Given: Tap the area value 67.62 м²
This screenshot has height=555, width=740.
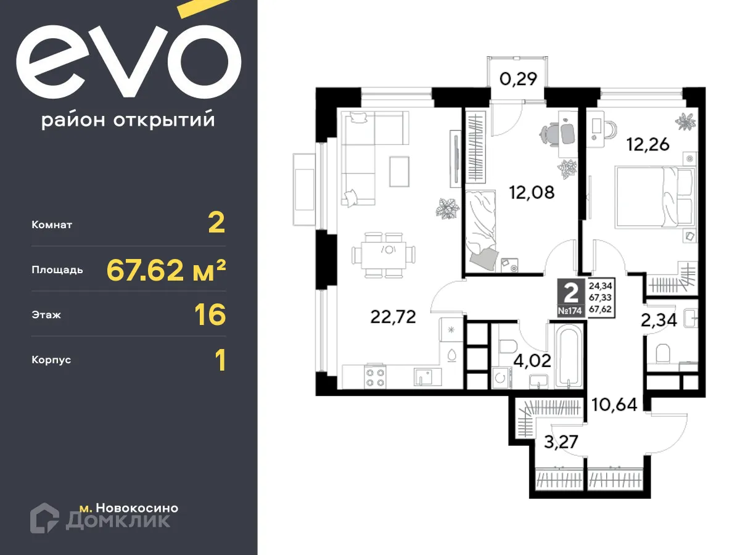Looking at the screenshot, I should coord(166,269).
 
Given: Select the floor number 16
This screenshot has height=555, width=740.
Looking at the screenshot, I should coord(210,314).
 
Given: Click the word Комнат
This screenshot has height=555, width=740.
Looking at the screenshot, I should coord(52,225).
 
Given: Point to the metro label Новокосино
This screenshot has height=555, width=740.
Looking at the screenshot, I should coord(137,508).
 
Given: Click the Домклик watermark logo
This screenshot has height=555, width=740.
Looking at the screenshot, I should coord(101,518).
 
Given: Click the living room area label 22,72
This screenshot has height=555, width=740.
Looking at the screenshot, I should coord(393,317).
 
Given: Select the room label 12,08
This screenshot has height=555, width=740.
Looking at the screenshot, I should coord(532,192).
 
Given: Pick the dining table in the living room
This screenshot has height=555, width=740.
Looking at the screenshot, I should coord(388,254).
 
